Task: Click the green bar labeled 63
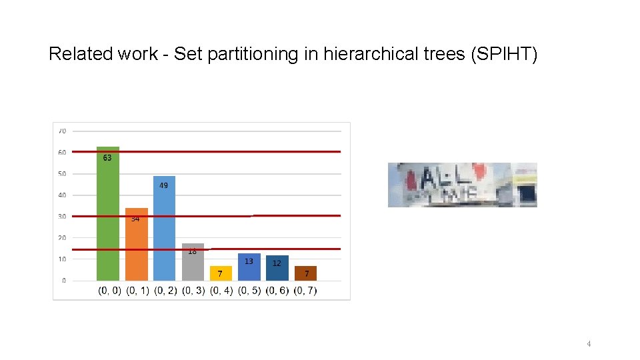(108, 213)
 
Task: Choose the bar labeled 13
(249, 267)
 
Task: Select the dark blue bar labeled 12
(277, 268)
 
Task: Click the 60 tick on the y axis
(61, 153)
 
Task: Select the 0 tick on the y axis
(63, 281)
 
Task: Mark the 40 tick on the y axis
(61, 195)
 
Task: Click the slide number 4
(589, 344)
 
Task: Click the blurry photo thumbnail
(462, 185)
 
